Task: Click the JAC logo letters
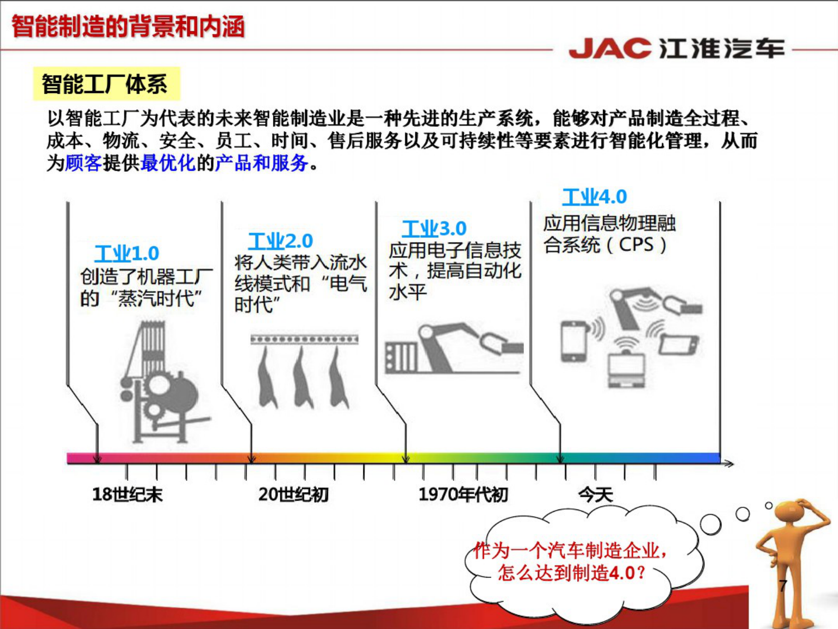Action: pos(609,49)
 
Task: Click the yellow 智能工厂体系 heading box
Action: pos(106,84)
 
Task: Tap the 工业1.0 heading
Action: pos(127,253)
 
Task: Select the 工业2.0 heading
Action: pos(280,241)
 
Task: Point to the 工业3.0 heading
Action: pos(434,228)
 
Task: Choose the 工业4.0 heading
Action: pos(594,197)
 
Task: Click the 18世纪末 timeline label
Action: pos(127,494)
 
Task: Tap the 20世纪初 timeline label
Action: pos(294,494)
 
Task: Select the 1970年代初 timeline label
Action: pos(463,494)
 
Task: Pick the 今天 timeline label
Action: pos(595,495)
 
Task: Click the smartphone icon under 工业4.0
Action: pos(574,341)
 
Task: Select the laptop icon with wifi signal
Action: pos(626,367)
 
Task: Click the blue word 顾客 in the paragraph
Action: pos(83,163)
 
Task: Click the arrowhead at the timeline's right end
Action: pos(729,464)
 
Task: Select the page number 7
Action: pos(783,585)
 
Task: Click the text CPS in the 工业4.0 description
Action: pos(636,245)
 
